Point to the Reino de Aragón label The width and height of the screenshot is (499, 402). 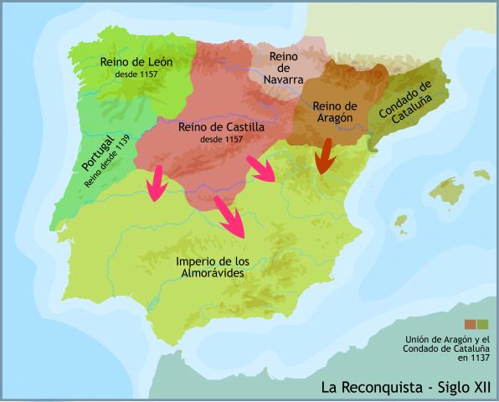point(335,113)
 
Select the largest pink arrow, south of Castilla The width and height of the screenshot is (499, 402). point(230,217)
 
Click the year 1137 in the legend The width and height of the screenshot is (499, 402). point(474,358)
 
